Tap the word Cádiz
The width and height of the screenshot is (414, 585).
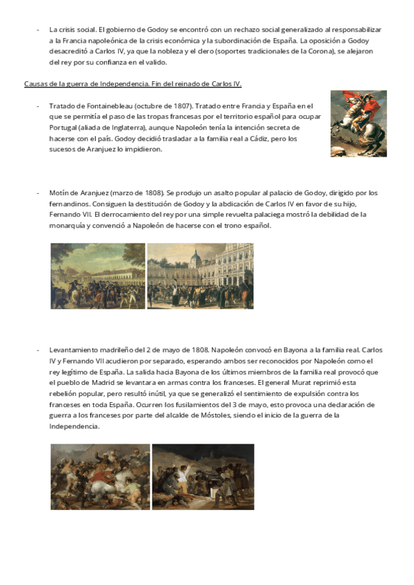point(250,139)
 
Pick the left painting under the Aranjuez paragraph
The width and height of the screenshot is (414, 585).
point(97,275)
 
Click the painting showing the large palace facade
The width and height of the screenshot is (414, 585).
point(200,275)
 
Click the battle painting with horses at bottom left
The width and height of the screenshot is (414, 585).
point(100,476)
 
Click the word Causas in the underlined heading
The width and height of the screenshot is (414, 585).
point(36,84)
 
